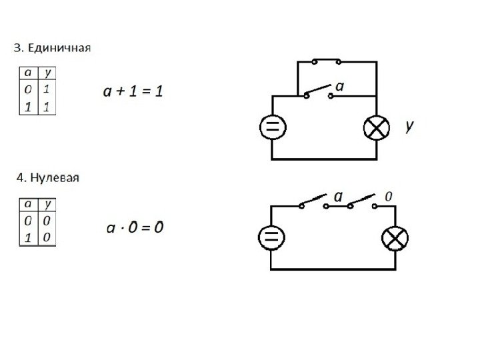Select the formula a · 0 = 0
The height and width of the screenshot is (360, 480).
click(135, 228)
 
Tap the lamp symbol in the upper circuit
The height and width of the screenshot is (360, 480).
click(377, 128)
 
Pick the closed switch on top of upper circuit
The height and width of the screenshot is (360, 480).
click(325, 61)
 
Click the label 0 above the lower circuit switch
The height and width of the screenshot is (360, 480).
click(389, 196)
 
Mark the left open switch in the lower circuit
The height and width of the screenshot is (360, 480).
click(313, 202)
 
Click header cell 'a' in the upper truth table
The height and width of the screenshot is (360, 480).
click(27, 73)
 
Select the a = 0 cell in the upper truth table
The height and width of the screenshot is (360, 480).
click(27, 88)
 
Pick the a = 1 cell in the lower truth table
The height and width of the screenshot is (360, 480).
click(28, 237)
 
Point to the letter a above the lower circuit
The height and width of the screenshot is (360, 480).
click(338, 196)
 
